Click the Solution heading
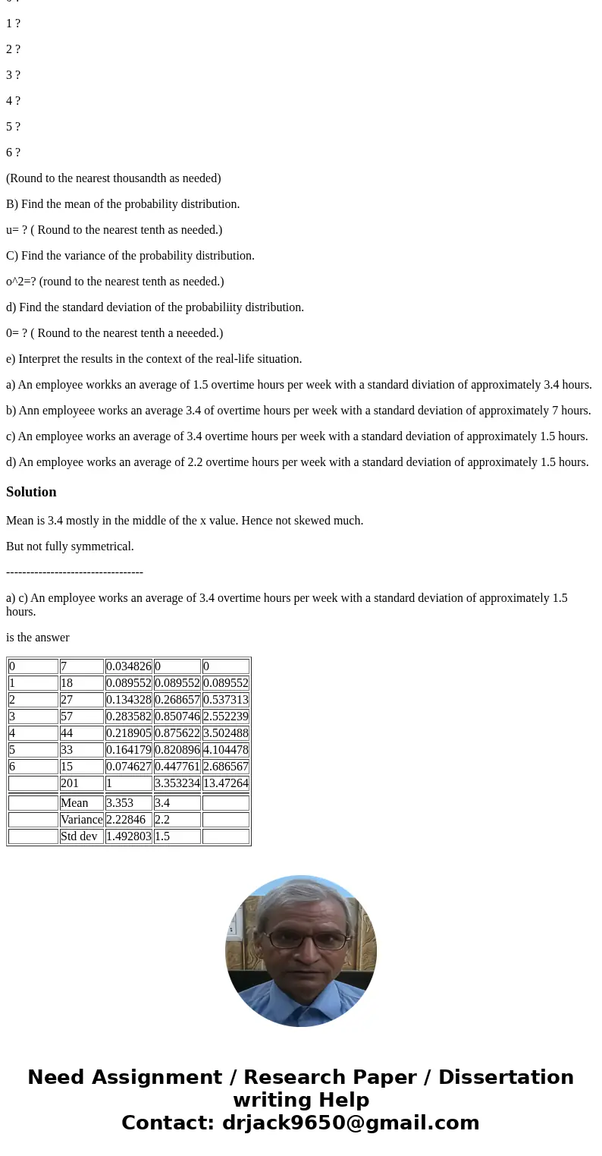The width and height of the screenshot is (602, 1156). (31, 492)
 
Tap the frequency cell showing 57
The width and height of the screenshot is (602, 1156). (81, 717)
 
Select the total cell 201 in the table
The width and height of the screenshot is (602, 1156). (81, 783)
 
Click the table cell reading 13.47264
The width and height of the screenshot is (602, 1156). (225, 783)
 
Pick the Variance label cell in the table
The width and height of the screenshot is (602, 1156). (81, 820)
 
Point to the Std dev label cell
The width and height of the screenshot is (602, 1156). (81, 836)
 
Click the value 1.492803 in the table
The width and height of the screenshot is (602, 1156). (128, 836)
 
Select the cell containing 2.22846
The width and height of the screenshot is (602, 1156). (128, 820)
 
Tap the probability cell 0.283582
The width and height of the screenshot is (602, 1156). (128, 717)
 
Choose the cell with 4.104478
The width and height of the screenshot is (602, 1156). (225, 750)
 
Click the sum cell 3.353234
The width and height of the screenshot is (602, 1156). (177, 783)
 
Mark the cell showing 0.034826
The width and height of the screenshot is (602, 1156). (128, 666)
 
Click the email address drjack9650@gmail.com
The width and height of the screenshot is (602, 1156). (350, 1123)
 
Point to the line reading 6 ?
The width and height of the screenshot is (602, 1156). (14, 153)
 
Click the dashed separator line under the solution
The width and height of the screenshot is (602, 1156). (74, 572)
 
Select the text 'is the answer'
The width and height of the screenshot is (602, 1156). (38, 638)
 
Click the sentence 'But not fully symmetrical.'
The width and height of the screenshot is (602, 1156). (70, 547)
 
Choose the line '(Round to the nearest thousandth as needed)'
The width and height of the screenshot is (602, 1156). (114, 178)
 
